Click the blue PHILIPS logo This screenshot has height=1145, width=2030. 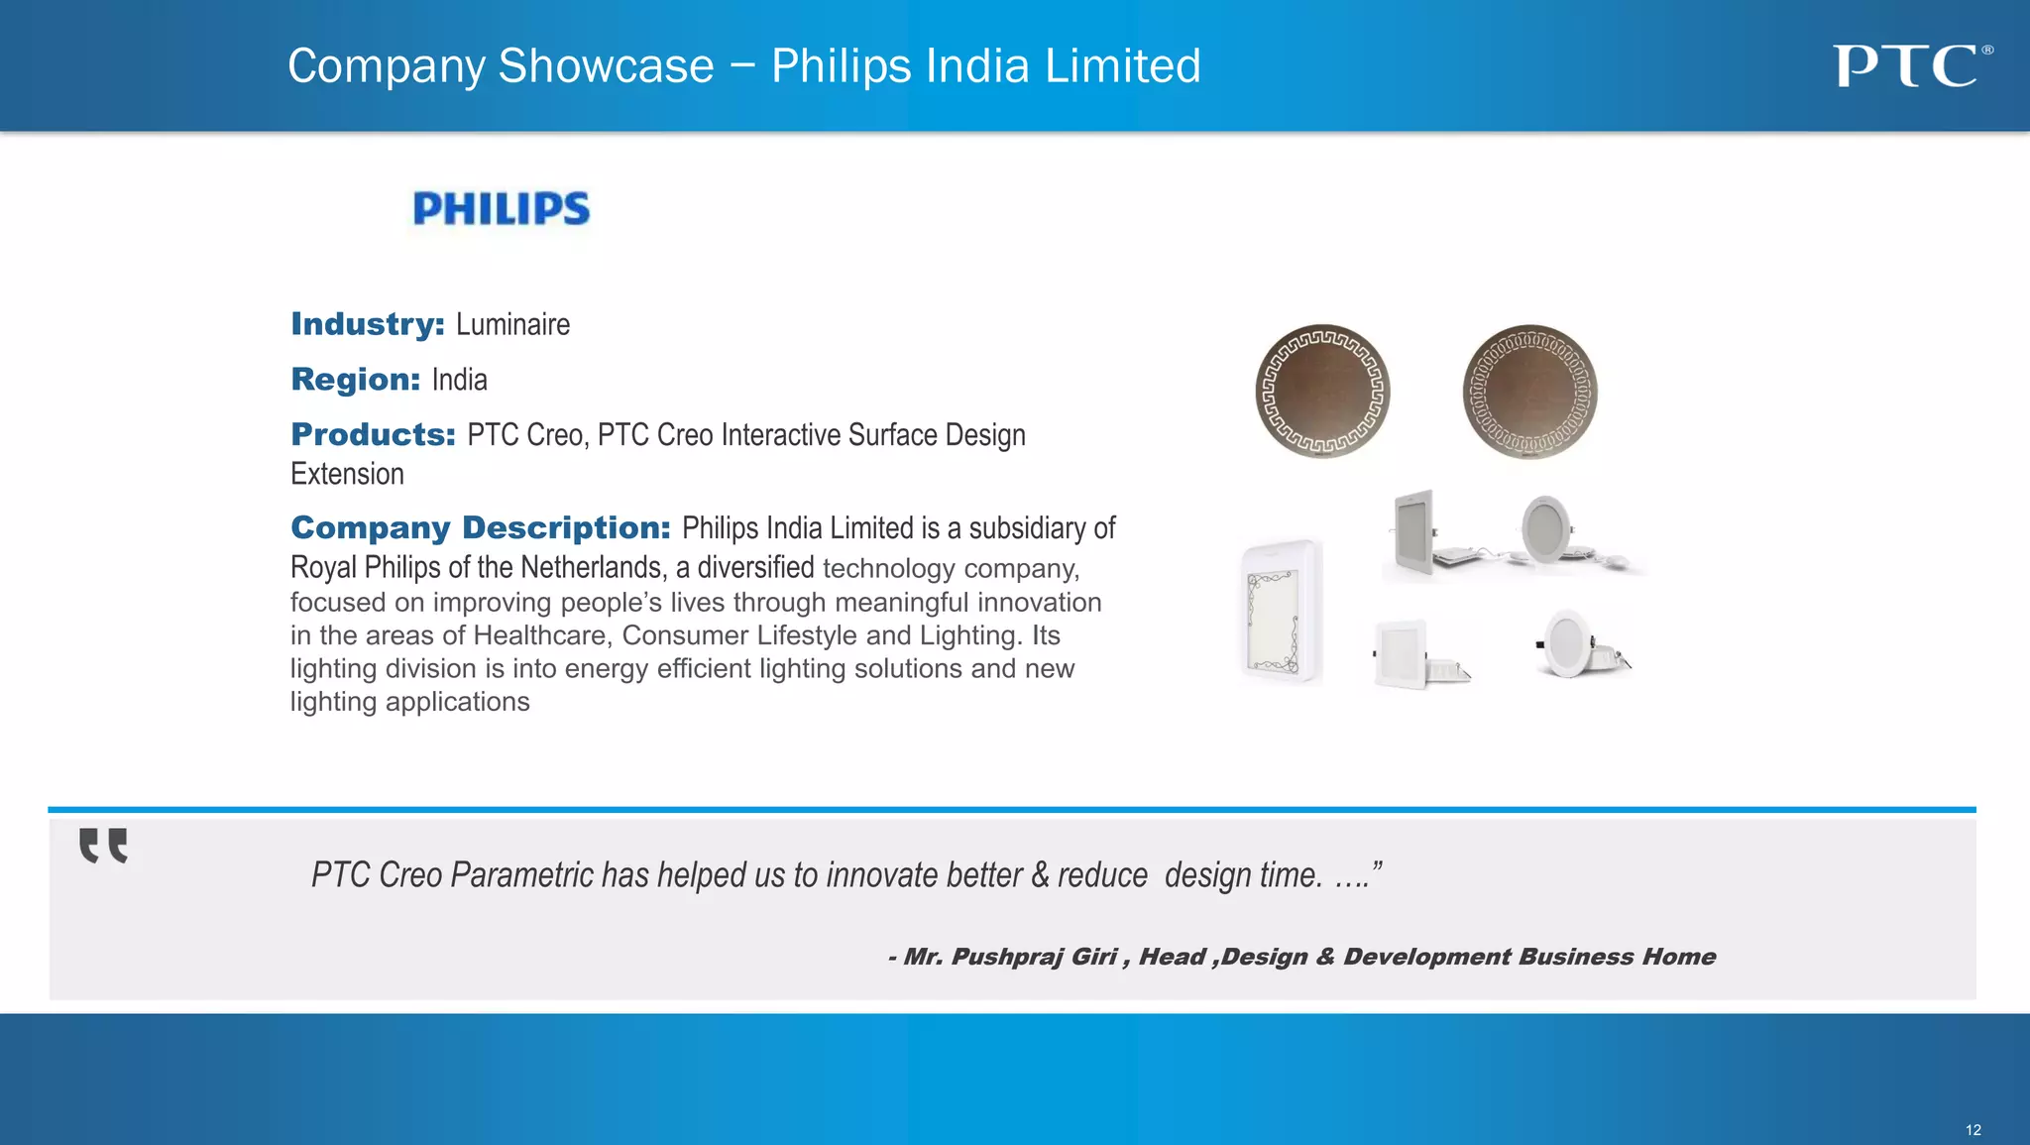501,209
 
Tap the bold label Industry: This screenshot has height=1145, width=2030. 368,324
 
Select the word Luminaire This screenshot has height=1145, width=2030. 512,325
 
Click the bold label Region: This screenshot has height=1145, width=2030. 356,380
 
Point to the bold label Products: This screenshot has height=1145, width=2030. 373,434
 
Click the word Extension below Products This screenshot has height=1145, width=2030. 347,474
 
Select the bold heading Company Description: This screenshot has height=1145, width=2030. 481,527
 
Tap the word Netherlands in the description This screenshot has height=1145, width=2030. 591,567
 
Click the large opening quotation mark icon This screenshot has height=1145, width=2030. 103,846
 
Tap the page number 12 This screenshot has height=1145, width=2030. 1973,1130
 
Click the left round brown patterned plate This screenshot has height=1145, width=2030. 1322,392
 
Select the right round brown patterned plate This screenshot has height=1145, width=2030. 1529,392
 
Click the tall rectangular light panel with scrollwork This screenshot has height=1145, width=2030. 1282,612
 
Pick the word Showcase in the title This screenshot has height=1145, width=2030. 606,66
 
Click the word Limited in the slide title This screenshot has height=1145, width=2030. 1122,66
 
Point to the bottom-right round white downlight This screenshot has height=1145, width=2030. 1578,644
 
